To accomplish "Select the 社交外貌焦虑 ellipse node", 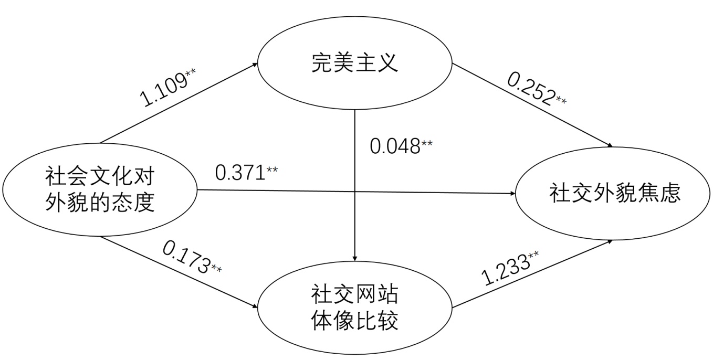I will [x=615, y=193].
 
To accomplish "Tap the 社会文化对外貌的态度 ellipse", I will [x=99, y=189].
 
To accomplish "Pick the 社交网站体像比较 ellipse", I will [x=355, y=308].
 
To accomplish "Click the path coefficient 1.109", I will [x=163, y=89].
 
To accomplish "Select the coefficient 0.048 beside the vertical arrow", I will [x=395, y=146].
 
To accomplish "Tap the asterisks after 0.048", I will [x=427, y=143].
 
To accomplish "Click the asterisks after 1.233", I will [x=534, y=256].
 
